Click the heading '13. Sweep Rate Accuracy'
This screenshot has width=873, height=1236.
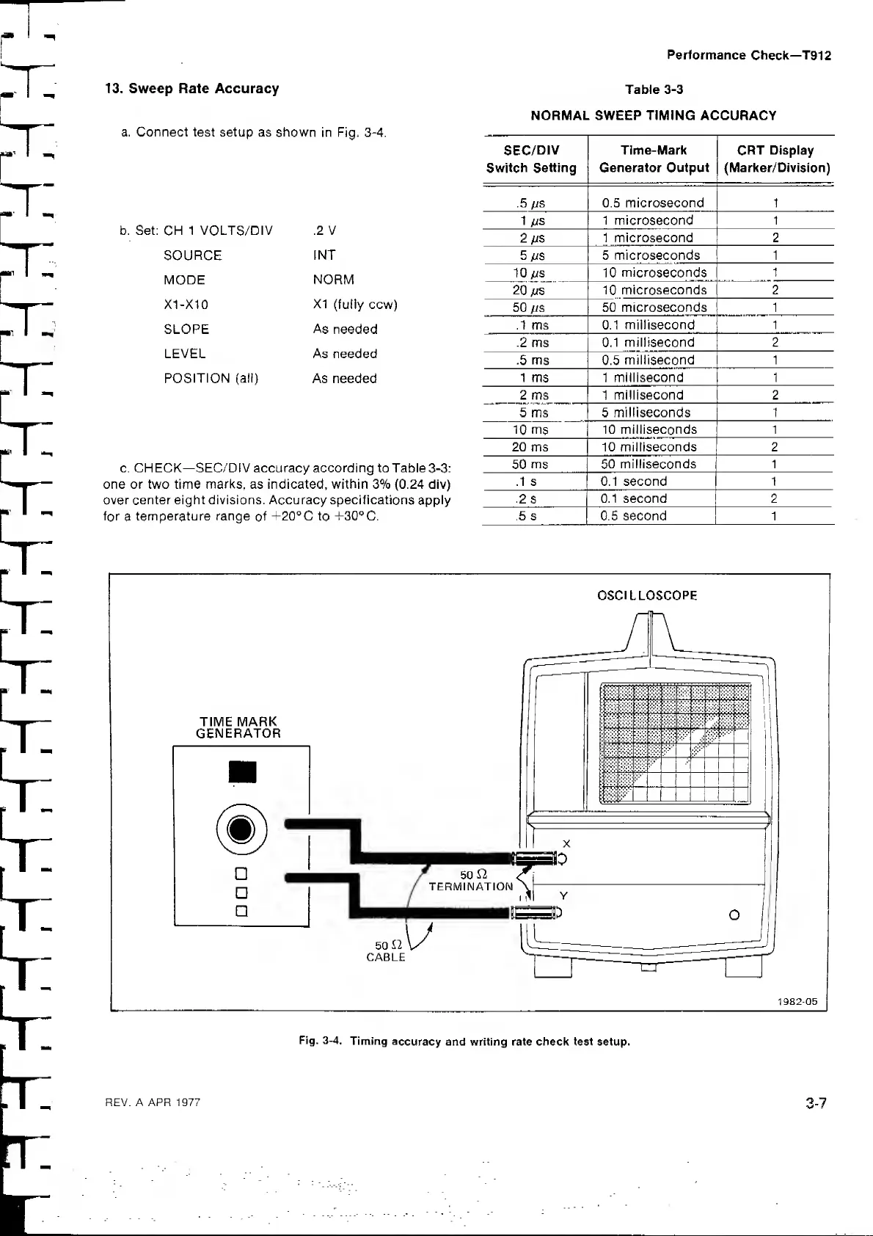(192, 89)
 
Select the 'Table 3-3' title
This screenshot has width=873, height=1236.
(654, 90)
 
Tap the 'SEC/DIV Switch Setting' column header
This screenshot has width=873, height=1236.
(531, 159)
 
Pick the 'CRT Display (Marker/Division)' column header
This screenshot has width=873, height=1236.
(776, 159)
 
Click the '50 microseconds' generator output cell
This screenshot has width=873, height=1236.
(654, 308)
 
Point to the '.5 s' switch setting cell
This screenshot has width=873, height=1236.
(526, 516)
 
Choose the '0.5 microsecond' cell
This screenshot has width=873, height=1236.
(653, 203)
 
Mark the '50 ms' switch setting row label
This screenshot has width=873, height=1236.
(530, 464)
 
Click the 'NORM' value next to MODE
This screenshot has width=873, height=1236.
(333, 280)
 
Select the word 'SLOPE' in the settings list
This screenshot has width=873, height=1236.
(186, 329)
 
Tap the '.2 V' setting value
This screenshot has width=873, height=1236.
(324, 230)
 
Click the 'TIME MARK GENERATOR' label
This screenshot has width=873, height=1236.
(238, 727)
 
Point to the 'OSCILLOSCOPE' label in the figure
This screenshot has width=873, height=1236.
(648, 595)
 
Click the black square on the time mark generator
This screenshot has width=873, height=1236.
(242, 772)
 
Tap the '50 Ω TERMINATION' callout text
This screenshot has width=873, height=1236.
(471, 881)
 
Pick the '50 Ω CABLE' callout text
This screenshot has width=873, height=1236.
(386, 951)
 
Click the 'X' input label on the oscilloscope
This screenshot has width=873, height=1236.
(566, 844)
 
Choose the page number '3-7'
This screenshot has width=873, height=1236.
(816, 1103)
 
